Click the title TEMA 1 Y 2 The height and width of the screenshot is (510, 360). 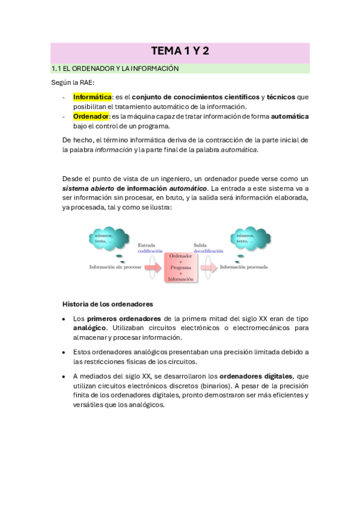180,52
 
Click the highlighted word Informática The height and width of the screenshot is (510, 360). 93,97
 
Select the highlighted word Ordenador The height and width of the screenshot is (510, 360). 91,116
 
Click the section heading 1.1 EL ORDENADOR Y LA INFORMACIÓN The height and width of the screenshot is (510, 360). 115,69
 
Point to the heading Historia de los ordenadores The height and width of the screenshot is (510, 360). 108,304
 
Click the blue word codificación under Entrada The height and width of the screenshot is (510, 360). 150,251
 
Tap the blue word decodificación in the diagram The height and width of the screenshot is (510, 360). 208,251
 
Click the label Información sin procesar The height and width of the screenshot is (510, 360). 115,266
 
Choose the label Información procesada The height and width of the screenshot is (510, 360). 243,266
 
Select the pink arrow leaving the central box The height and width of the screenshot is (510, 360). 205,266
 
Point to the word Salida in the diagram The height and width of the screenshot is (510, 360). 200,245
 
